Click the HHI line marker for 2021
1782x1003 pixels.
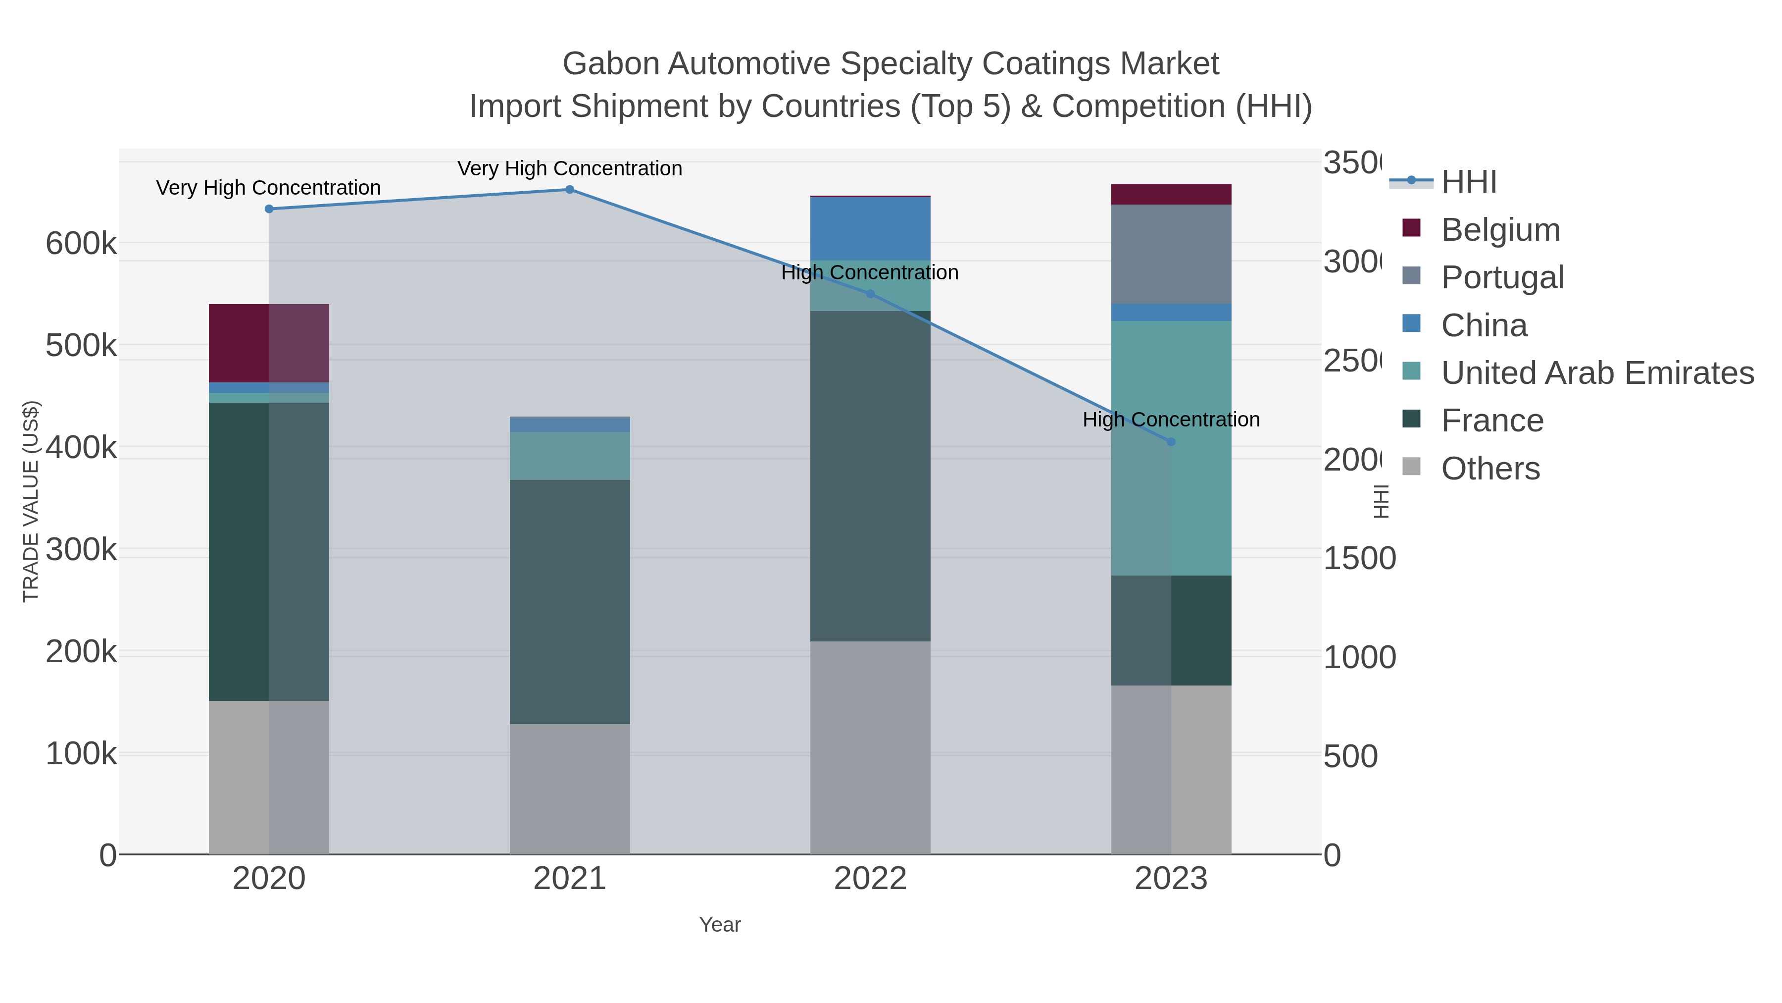[569, 190]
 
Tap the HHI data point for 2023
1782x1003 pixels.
[1171, 442]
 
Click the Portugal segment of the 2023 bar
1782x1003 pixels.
[1171, 254]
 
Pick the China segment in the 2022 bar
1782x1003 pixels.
[870, 228]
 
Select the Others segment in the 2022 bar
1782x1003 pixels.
[870, 747]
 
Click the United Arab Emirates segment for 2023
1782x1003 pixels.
[1171, 448]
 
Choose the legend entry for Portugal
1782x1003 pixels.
[1502, 277]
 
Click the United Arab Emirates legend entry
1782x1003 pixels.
[1596, 373]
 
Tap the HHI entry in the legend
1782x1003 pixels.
[1469, 182]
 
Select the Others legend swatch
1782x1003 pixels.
[1411, 467]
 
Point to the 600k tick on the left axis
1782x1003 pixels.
[81, 244]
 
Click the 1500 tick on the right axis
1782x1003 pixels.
[1359, 559]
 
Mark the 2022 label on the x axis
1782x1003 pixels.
[870, 879]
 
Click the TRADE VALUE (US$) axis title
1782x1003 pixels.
[31, 501]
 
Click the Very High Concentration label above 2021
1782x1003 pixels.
[569, 169]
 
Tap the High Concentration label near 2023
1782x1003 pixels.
[1171, 420]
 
